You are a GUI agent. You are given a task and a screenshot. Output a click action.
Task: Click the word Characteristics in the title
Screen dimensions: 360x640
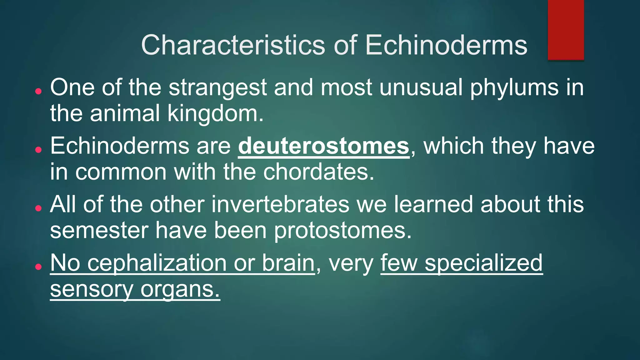click(x=233, y=45)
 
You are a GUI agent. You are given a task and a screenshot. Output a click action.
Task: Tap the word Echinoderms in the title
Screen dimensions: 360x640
click(x=446, y=45)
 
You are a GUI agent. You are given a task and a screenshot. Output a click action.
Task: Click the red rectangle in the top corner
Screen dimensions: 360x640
click(x=566, y=30)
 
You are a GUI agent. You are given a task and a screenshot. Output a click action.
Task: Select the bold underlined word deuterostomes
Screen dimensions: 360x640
click(x=323, y=146)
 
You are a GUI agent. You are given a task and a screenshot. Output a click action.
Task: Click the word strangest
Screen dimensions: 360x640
click(x=217, y=87)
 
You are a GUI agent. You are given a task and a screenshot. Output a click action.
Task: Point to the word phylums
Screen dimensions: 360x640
click(x=514, y=87)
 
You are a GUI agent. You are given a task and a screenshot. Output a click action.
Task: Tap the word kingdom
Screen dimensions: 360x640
click(x=215, y=113)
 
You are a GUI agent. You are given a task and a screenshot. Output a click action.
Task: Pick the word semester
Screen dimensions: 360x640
click(x=99, y=231)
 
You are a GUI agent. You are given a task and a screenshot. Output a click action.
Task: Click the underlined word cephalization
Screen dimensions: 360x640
click(x=157, y=263)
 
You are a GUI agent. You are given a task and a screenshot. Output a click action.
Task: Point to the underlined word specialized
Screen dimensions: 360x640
click(x=483, y=263)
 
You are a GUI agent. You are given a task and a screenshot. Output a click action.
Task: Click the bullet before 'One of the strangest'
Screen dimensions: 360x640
click(x=38, y=91)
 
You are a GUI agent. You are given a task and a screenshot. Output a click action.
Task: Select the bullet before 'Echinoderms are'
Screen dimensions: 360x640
click(x=38, y=150)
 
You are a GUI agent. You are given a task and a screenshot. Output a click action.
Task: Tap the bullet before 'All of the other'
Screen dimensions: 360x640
click(x=38, y=208)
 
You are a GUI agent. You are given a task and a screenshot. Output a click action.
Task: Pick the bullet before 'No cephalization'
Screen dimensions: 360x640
click(x=38, y=267)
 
